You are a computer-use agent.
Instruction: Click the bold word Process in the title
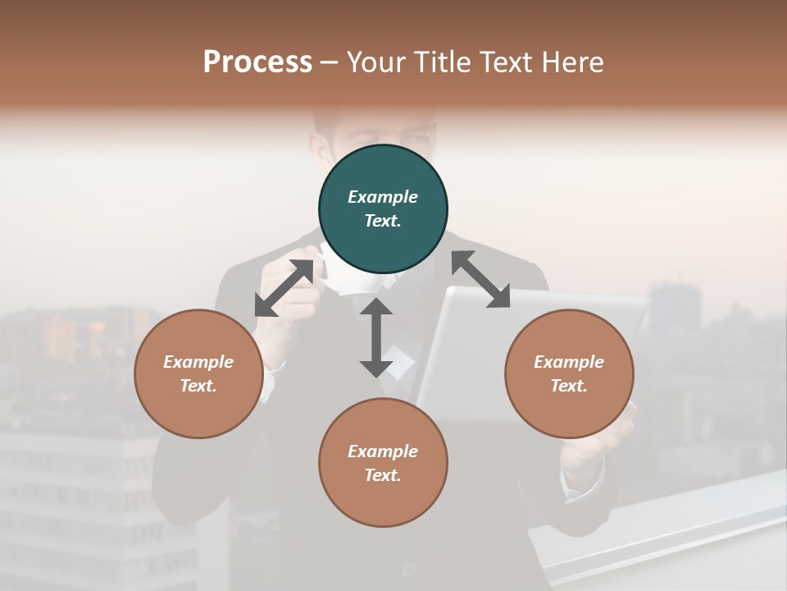point(257,62)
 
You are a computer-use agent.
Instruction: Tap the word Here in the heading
point(573,62)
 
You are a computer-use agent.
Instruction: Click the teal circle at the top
point(383,209)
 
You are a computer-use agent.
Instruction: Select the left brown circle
point(198,373)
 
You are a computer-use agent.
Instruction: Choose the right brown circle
point(569,373)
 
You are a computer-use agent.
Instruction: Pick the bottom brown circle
point(383,463)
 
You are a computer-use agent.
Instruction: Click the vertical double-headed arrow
point(376,337)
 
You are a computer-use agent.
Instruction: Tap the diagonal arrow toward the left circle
point(284,288)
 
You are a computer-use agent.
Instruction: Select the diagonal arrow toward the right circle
point(480,279)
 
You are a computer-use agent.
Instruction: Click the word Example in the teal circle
point(383,197)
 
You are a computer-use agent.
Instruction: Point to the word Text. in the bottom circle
point(383,475)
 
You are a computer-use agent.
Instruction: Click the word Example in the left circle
point(198,362)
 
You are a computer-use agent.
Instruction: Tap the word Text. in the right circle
point(569,386)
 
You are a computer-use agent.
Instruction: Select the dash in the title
point(330,63)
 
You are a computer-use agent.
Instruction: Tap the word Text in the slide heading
point(506,62)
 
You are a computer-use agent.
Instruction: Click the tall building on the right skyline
point(674,308)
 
